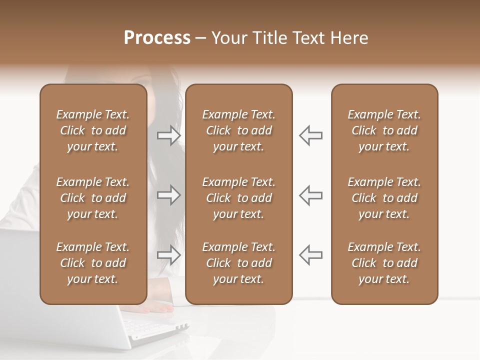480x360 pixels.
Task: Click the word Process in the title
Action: pos(157,38)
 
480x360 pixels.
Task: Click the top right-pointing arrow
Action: pos(168,135)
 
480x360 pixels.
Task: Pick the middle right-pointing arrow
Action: pos(168,195)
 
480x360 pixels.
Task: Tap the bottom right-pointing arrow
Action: pos(168,255)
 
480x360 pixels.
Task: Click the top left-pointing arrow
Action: pos(310,135)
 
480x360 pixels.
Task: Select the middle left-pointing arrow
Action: pos(310,195)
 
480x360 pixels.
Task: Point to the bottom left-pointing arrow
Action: pos(310,255)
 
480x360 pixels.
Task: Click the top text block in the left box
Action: pos(93,130)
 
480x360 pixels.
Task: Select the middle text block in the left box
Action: pos(93,198)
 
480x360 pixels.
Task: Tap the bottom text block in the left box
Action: pos(93,263)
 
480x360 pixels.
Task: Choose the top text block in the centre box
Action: pos(239,130)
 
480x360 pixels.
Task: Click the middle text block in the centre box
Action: pos(239,198)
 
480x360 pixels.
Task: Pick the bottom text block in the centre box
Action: pos(239,263)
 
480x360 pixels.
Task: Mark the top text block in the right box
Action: pos(384,130)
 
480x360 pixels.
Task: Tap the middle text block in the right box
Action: pos(384,198)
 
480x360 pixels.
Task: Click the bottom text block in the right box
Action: pos(384,263)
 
